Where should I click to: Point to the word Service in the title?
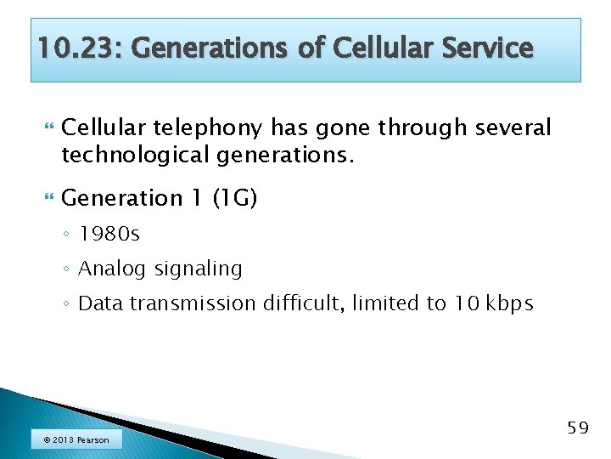point(486,49)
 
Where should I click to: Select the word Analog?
point(114,269)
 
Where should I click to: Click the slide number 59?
point(577,428)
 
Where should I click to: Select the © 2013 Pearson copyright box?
point(76,439)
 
